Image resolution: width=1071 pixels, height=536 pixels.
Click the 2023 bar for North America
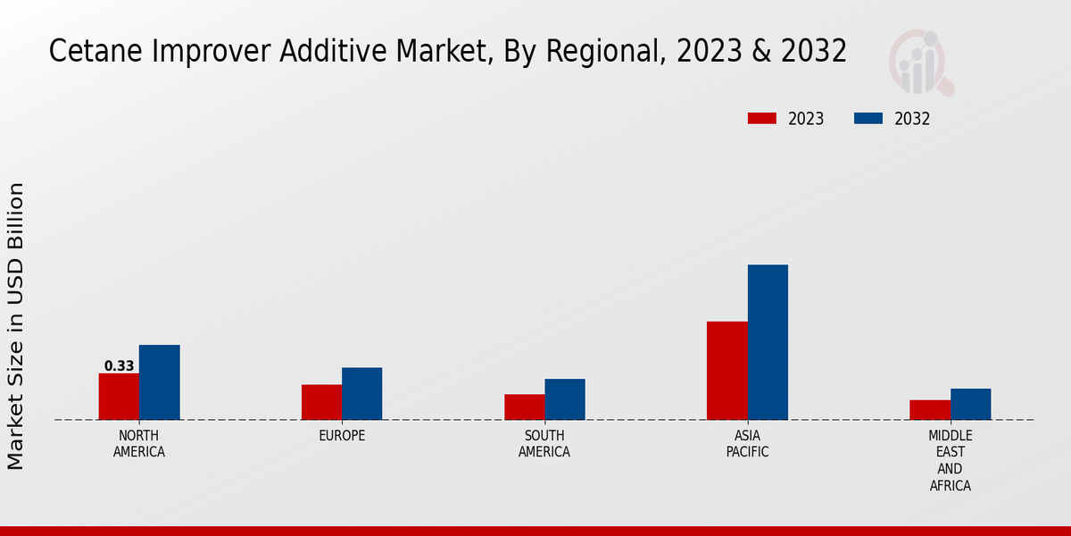click(119, 397)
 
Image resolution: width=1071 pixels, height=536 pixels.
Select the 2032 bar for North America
click(159, 382)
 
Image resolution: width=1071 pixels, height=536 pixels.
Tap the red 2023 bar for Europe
click(321, 402)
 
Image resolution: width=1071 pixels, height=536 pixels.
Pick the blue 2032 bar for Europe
click(361, 394)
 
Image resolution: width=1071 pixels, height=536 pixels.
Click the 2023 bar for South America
click(524, 407)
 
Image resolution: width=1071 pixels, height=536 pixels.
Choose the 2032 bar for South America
click(565, 399)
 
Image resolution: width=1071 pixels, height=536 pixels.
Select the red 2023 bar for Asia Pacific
click(727, 371)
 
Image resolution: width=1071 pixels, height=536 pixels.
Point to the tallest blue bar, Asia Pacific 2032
click(768, 342)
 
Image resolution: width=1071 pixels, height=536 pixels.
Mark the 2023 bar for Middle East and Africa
click(930, 410)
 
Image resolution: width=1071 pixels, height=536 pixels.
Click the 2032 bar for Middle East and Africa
click(970, 404)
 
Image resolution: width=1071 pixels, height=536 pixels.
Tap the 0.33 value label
click(119, 366)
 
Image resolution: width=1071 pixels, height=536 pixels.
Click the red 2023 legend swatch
click(762, 119)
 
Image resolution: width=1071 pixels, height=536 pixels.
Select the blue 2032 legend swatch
click(868, 119)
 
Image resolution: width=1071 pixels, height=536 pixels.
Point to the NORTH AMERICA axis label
click(139, 444)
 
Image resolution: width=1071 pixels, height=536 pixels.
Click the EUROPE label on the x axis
click(342, 436)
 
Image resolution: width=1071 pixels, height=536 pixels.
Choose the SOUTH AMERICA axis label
click(544, 444)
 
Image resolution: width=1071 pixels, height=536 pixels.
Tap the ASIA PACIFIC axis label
click(748, 444)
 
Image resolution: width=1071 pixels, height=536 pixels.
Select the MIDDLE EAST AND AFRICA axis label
click(951, 461)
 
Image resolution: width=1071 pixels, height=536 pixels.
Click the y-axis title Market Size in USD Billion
click(16, 326)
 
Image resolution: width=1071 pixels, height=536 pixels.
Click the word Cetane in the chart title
click(87, 52)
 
